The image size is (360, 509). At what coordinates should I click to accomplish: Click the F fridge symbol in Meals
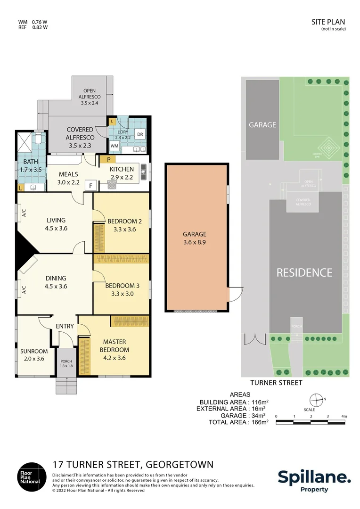(90, 186)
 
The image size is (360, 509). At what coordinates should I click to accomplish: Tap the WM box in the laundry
(115, 147)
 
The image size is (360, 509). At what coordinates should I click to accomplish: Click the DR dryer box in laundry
(140, 134)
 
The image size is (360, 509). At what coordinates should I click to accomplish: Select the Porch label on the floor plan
(66, 363)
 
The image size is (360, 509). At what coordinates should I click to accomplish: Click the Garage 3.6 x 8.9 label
(195, 238)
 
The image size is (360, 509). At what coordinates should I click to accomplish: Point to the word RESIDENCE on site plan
(304, 272)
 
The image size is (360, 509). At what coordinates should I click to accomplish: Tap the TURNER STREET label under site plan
(276, 383)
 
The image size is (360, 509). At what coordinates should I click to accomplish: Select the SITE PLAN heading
(328, 22)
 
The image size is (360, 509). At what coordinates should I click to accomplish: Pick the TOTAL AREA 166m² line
(238, 422)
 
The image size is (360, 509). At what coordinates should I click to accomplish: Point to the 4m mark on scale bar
(344, 416)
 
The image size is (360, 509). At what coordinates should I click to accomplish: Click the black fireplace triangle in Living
(24, 246)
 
